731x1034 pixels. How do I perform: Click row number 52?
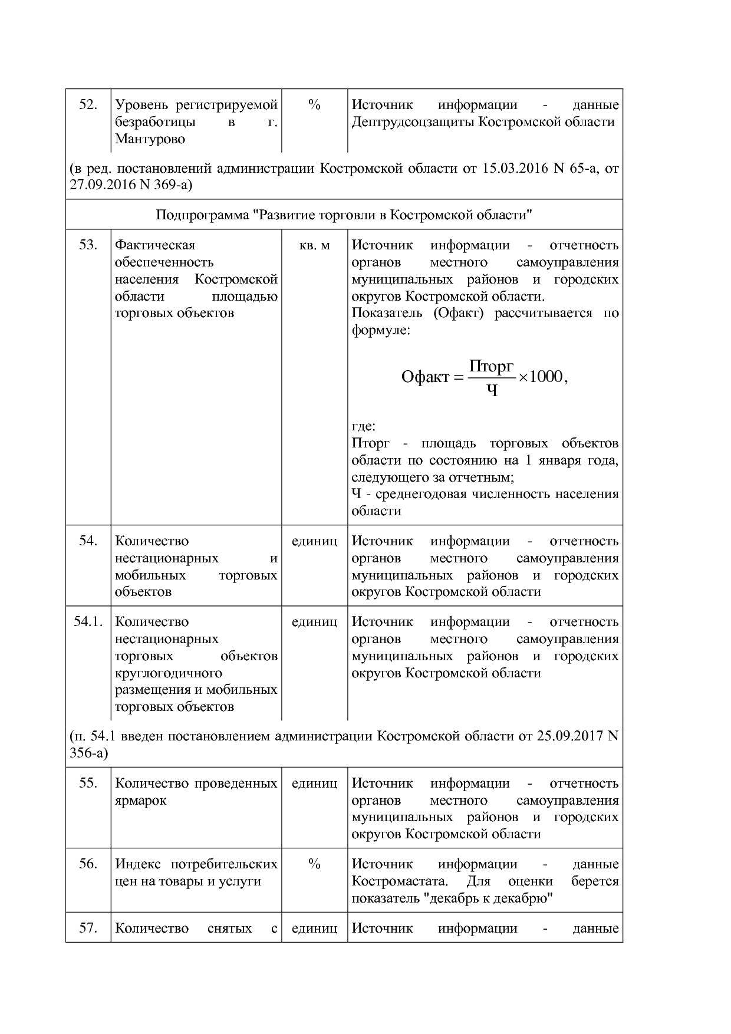tap(88, 105)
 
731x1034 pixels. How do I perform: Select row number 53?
tap(88, 245)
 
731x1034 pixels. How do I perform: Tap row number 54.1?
tap(88, 621)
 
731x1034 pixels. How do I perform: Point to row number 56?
tap(88, 864)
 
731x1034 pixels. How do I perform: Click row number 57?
tap(88, 928)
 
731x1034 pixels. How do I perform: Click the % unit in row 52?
tap(314, 105)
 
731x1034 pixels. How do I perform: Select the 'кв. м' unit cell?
tap(314, 245)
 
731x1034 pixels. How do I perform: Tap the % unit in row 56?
tap(314, 864)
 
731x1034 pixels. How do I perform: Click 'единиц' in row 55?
tap(314, 783)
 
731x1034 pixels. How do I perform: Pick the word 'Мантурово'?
tap(150, 139)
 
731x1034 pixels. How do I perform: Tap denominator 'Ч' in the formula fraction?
tap(492, 390)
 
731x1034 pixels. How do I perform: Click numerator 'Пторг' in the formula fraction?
tap(492, 367)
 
